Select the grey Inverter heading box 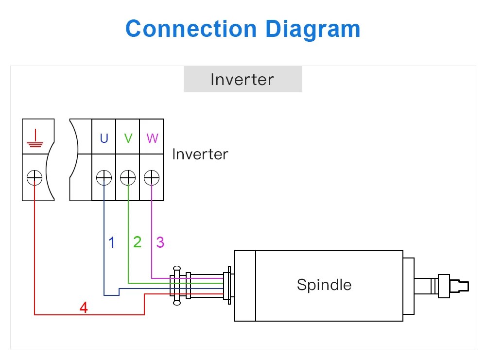click(243, 79)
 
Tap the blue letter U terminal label click(104, 138)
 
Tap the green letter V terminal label click(128, 138)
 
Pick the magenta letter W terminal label click(152, 138)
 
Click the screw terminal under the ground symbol click(35, 178)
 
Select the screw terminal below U click(104, 178)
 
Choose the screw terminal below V click(128, 178)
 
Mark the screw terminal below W click(152, 178)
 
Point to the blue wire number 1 click(112, 242)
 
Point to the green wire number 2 click(137, 241)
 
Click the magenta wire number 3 click(160, 242)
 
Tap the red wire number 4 click(84, 308)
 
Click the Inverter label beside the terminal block click(200, 154)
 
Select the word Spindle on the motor click(324, 284)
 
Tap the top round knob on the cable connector click(177, 268)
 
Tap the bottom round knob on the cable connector click(177, 303)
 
